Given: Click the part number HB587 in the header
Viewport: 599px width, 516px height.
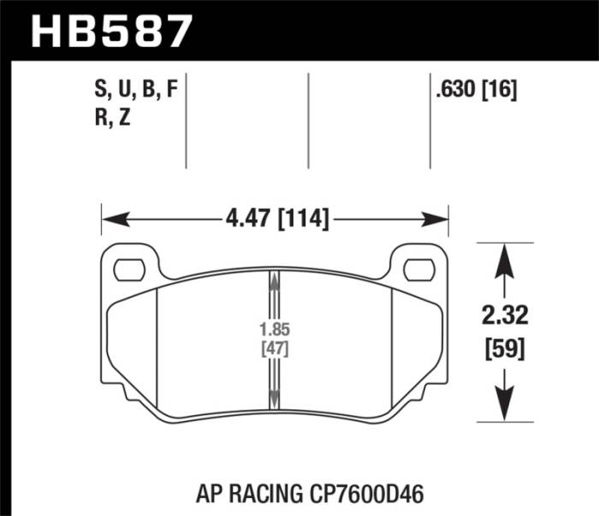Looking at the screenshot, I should click(110, 31).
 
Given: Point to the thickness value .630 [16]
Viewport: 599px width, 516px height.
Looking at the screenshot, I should click(477, 90).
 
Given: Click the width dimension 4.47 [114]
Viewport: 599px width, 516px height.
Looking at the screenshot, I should click(276, 220).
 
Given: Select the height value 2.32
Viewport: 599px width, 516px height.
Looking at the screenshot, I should click(505, 317).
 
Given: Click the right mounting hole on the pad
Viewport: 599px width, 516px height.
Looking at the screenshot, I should click(418, 269).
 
